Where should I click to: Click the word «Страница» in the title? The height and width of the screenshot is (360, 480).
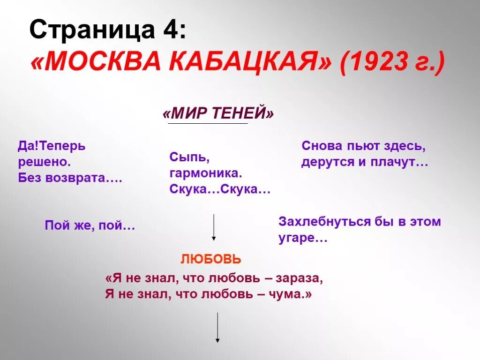(x=87, y=32)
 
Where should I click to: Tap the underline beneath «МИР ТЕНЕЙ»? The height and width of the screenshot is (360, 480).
(x=208, y=123)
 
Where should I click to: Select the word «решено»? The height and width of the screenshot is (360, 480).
(x=44, y=162)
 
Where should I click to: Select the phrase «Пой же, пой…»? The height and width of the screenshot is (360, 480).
(x=90, y=226)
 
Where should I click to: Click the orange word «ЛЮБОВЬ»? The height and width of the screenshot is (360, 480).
(x=211, y=259)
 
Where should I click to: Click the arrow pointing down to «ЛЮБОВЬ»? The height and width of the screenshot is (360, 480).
(x=214, y=227)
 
